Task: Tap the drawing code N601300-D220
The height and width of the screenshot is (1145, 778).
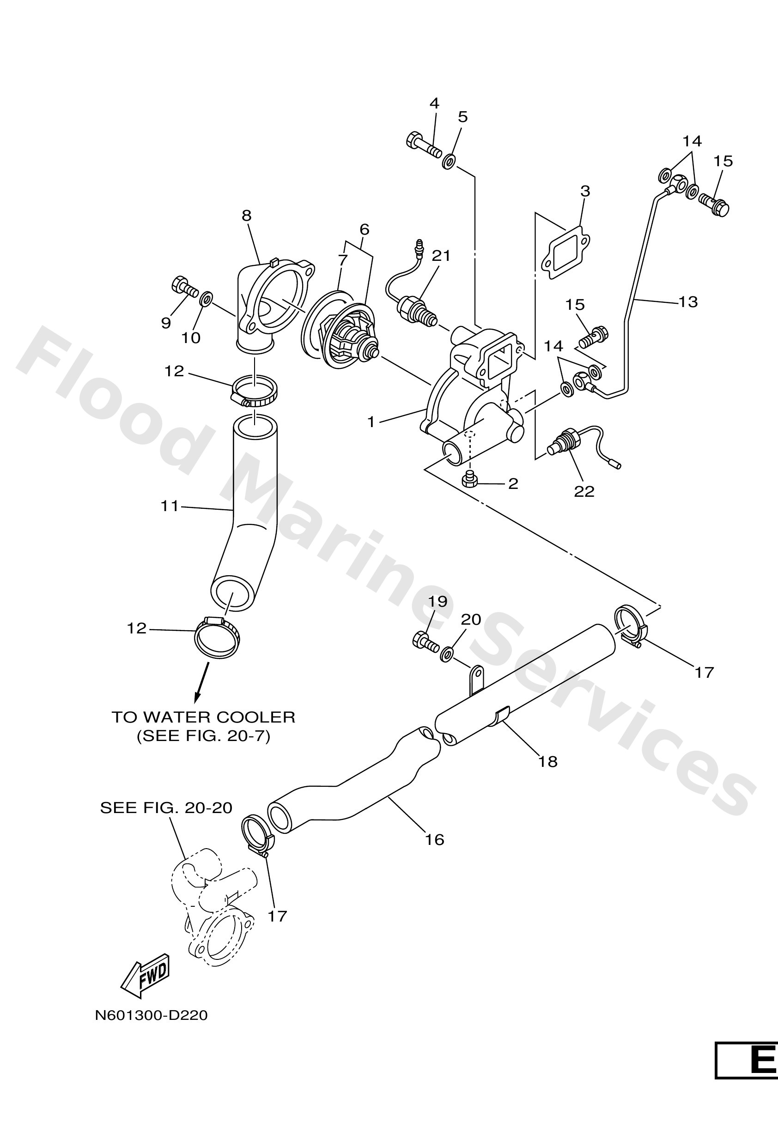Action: tap(152, 1015)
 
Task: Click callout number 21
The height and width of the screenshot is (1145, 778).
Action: tap(441, 256)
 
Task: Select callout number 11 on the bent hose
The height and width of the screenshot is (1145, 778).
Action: tap(169, 506)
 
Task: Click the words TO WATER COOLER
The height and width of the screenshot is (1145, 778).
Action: tap(203, 717)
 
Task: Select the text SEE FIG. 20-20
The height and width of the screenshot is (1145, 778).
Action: tap(166, 808)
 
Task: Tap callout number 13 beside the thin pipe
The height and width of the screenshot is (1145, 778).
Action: tap(688, 301)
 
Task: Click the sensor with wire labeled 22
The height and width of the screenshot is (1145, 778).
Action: tap(567, 442)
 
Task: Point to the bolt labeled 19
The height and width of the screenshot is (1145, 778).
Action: tap(424, 641)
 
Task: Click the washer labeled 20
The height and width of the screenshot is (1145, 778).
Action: tap(447, 654)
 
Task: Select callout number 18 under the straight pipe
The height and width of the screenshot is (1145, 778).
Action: tap(548, 762)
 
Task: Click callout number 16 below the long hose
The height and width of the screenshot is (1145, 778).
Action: tap(435, 839)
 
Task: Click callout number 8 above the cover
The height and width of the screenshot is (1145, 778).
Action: tap(247, 215)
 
